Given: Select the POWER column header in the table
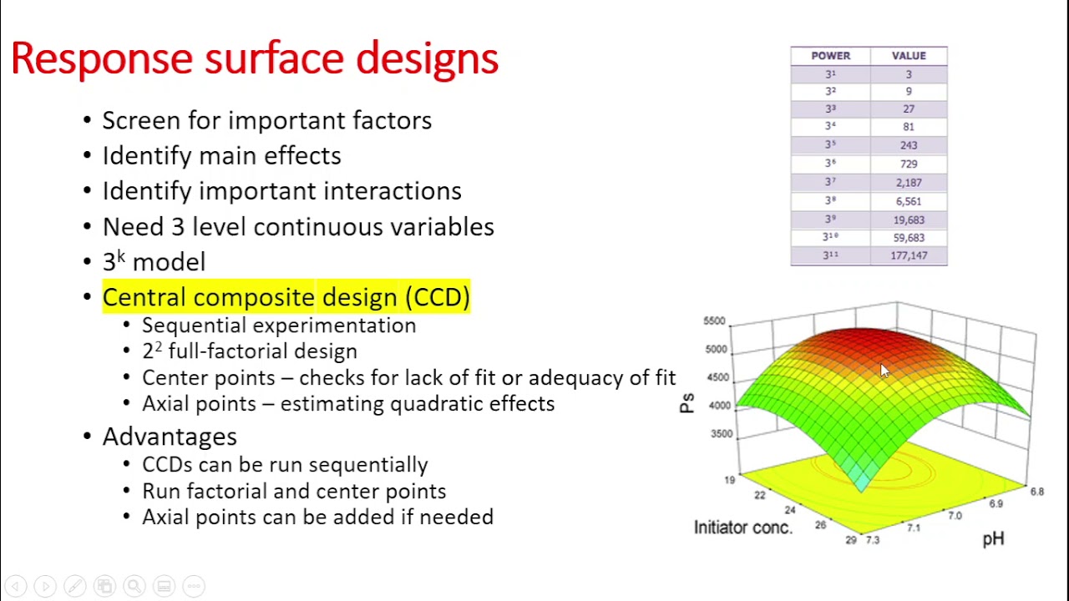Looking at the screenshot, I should point(830,56).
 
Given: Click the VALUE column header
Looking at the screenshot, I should point(909,56).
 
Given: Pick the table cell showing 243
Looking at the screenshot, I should point(909,145).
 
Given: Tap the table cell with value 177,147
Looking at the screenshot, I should point(909,255).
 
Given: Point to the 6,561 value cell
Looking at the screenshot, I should point(909,201).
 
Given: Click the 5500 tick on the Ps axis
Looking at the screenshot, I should point(714,321).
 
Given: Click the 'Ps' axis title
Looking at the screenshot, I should point(686,404).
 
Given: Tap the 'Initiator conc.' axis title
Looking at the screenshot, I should point(742,527).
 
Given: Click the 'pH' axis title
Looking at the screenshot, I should point(993,539).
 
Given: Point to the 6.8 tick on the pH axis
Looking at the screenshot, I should point(1036,492).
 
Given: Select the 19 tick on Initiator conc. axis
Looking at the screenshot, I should point(730,479).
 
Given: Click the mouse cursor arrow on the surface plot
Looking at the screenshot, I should point(884,371).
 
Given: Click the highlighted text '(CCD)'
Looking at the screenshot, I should point(438,297).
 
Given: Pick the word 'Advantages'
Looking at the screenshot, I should point(170,437).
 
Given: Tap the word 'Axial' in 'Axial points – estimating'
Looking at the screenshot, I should point(165,404).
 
